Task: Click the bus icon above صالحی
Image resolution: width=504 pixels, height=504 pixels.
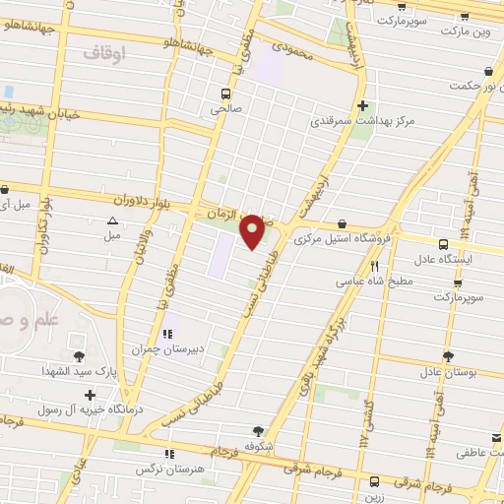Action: pos(227,94)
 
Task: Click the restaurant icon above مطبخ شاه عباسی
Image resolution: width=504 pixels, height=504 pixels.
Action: pos(374,266)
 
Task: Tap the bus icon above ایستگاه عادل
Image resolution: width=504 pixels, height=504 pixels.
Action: pos(443,243)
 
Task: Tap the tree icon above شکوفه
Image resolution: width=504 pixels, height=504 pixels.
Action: pos(258,430)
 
